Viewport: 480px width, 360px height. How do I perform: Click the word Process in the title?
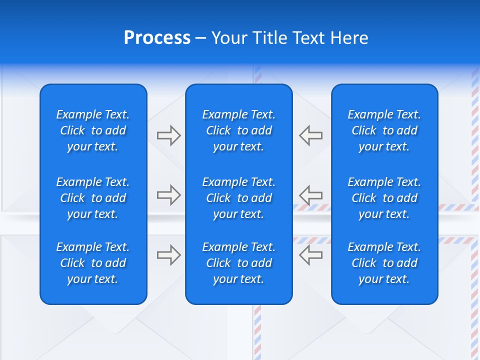[157, 38]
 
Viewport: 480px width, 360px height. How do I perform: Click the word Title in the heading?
[268, 38]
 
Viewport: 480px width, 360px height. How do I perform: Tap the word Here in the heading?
[348, 38]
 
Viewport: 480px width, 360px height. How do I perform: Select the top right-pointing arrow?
[168, 135]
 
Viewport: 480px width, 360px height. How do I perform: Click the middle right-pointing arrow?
[168, 195]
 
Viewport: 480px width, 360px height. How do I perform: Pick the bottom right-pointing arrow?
[168, 255]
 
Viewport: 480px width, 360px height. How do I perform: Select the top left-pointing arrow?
[310, 135]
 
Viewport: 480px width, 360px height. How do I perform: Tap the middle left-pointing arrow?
[310, 195]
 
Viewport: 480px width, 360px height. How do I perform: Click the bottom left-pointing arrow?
[310, 255]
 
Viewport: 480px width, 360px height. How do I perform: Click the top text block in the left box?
[93, 130]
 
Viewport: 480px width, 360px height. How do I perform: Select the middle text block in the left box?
[93, 198]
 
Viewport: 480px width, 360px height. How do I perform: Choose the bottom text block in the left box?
[93, 263]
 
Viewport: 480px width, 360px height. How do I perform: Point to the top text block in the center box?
[238, 130]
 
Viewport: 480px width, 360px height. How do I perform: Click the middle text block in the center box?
[238, 198]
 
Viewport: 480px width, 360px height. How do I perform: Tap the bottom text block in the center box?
[238, 263]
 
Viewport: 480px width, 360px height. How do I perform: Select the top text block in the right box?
[384, 130]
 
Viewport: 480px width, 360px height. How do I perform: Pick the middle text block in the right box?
[384, 198]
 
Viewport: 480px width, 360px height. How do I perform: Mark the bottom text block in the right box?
[384, 263]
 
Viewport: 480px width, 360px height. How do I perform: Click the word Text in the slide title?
[307, 38]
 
